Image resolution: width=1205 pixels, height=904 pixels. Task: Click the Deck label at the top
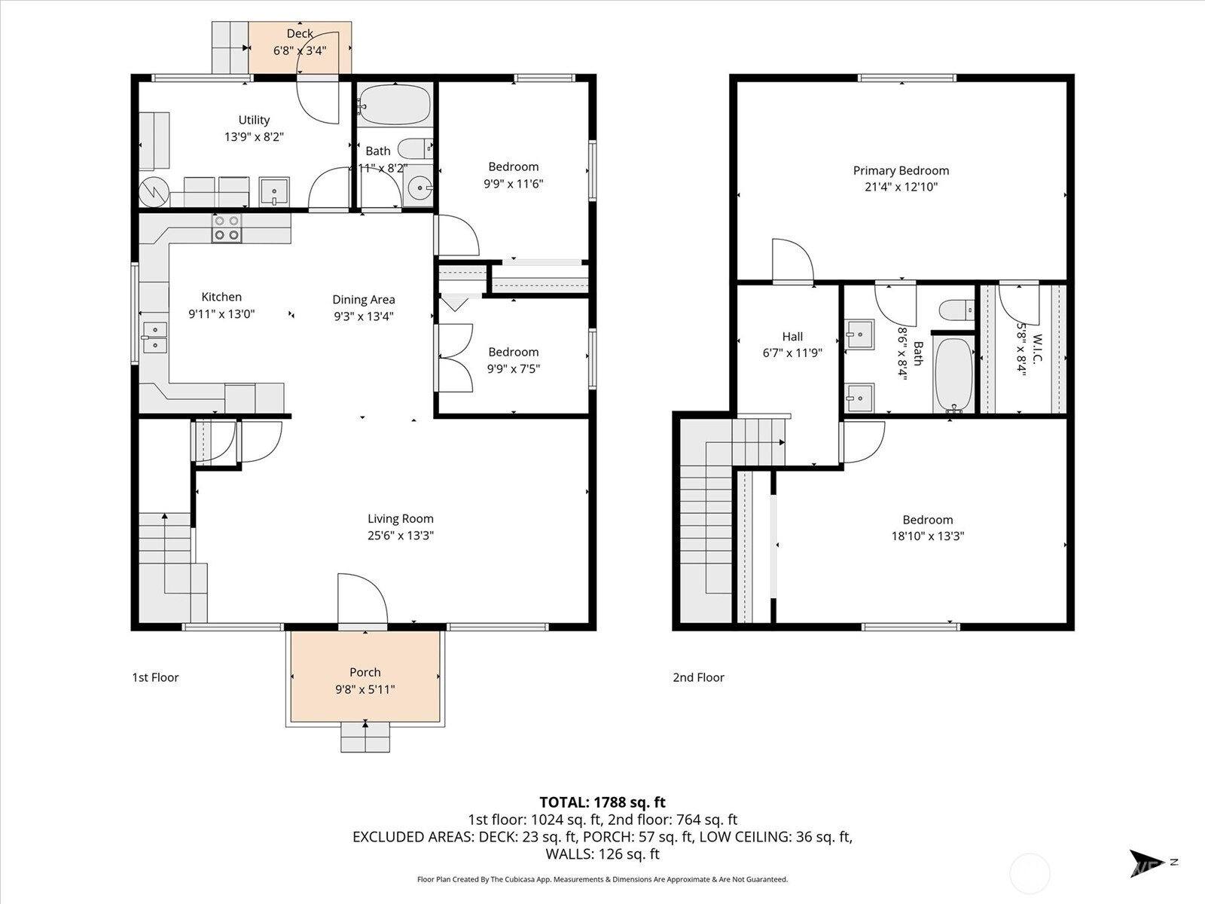(x=300, y=34)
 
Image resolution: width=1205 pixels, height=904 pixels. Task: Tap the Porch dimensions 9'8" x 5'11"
(x=365, y=689)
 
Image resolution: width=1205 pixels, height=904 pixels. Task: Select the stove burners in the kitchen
(x=227, y=228)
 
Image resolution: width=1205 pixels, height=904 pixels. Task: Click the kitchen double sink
(x=155, y=337)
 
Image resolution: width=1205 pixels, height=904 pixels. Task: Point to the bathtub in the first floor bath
(x=394, y=105)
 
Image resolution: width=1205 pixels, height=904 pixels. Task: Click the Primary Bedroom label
(x=901, y=171)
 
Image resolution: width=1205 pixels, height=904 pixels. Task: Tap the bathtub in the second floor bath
(x=953, y=374)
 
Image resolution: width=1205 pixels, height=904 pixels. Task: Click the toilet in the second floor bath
(x=956, y=310)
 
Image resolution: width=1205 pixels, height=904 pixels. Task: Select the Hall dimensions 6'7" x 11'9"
(x=792, y=353)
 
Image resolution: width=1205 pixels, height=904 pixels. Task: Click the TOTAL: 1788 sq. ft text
(x=602, y=802)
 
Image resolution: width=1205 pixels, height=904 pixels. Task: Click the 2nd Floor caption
(x=698, y=677)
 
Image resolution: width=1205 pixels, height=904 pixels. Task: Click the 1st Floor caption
(x=155, y=677)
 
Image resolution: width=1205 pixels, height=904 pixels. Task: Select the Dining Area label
(x=364, y=300)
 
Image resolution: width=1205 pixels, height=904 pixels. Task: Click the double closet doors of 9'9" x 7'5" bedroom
(x=454, y=357)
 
